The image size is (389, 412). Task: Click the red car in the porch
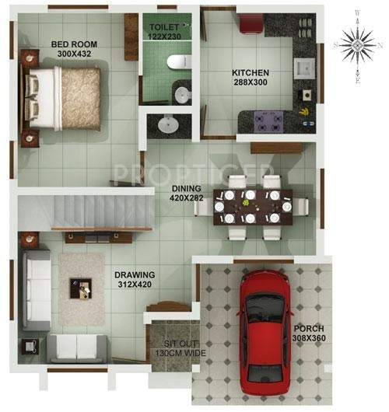click(262, 332)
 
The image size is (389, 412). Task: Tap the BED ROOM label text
click(75, 45)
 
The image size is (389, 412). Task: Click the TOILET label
click(166, 27)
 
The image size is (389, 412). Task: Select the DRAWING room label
click(135, 274)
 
